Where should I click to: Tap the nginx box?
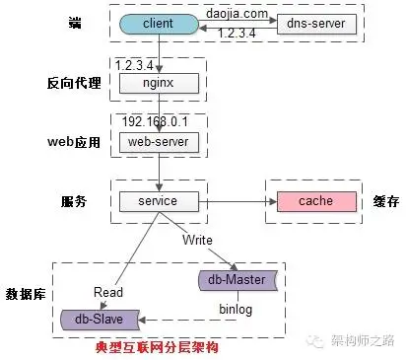point(159,83)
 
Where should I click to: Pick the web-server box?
point(159,142)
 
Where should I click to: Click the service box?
point(158,201)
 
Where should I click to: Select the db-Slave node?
point(97,320)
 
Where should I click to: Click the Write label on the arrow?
point(198,240)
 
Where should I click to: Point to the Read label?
point(107,292)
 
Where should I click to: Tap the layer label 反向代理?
point(74,83)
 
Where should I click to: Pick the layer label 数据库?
point(26,294)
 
